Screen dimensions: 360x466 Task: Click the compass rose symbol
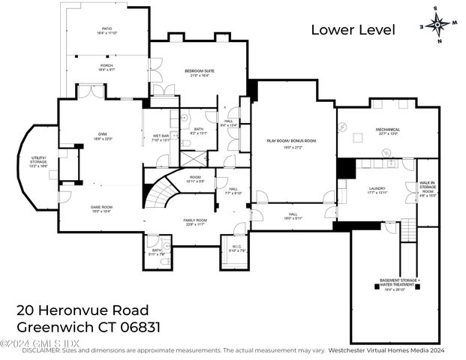coord(436,23)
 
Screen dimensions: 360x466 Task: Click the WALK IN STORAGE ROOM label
coord(427,187)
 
